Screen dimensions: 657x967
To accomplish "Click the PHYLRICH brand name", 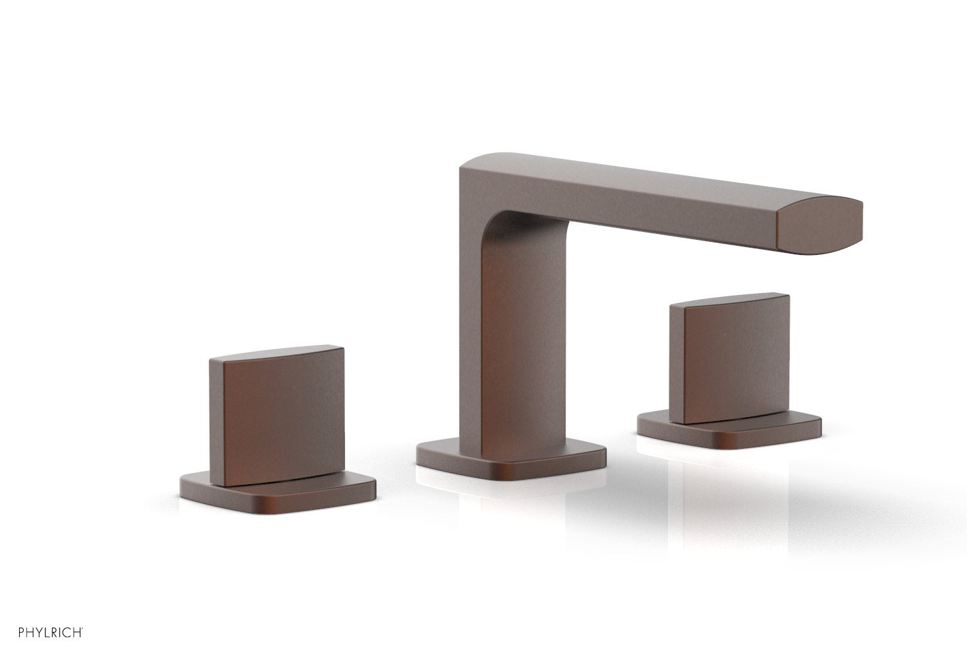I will [x=41, y=633].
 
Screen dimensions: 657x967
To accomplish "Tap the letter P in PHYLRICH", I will [x=5, y=633].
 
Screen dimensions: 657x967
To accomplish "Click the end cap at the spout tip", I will [x=819, y=225].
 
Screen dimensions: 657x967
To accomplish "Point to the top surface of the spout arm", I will [x=657, y=171].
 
